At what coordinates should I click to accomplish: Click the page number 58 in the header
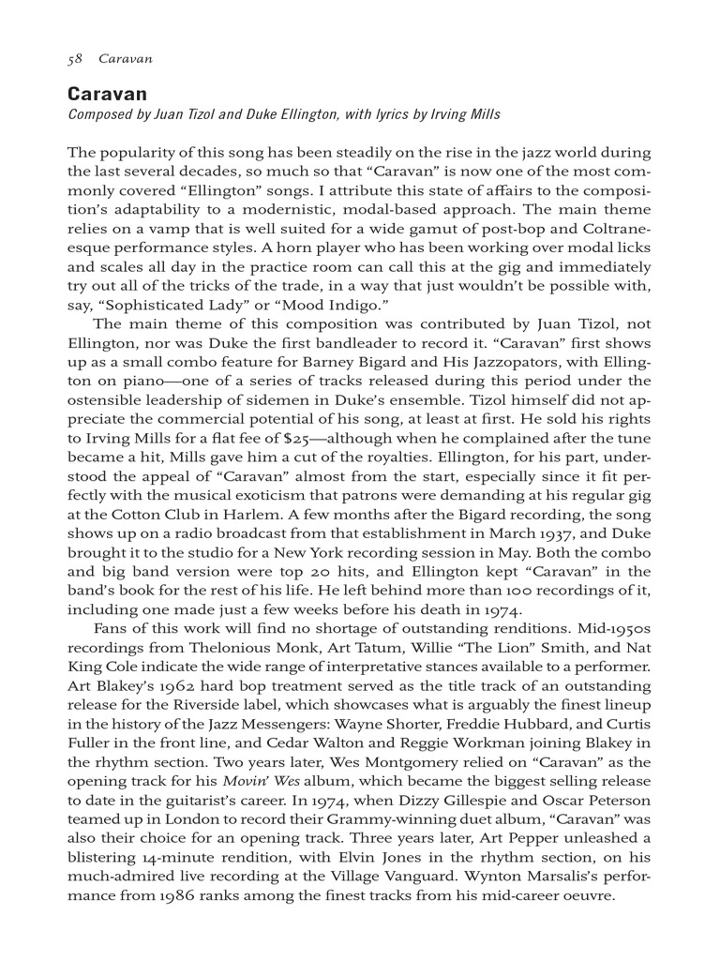(75, 59)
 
